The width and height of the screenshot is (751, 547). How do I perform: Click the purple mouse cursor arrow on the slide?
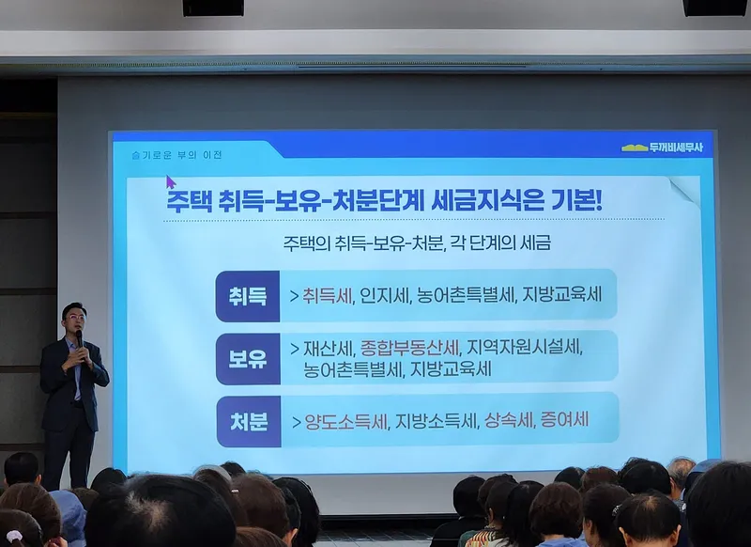(171, 182)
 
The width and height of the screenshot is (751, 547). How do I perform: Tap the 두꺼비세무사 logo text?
(676, 148)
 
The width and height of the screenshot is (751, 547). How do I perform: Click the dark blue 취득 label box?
(248, 296)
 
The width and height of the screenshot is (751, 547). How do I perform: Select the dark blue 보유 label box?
(248, 359)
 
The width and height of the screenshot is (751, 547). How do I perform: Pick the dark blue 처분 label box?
(248, 422)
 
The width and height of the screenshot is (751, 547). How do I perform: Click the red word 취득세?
(327, 295)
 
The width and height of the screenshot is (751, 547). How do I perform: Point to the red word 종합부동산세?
(409, 348)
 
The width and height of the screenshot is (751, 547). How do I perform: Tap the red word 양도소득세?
(345, 422)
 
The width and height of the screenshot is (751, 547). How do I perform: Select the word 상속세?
(509, 420)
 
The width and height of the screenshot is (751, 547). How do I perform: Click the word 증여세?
(564, 420)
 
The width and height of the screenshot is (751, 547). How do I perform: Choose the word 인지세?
(385, 295)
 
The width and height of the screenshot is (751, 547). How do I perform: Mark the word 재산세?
(329, 349)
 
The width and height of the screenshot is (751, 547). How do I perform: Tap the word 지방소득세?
(437, 421)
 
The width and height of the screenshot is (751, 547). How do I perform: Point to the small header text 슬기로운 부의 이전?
(176, 155)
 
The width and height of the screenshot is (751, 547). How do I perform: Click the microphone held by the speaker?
(80, 340)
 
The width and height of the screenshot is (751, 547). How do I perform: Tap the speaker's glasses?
(76, 317)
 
